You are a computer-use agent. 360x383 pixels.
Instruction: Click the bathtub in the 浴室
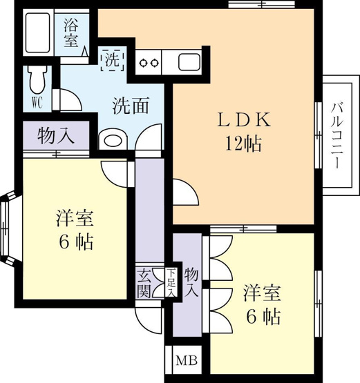[38, 32]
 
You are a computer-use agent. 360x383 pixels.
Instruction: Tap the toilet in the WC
[37, 80]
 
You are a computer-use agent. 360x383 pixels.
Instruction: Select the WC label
[37, 103]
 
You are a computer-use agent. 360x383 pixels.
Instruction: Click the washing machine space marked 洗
[113, 60]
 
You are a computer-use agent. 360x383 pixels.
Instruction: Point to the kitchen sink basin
[189, 62]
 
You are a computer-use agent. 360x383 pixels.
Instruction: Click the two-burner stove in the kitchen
[149, 63]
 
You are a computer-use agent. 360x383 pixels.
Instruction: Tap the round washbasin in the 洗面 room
[113, 141]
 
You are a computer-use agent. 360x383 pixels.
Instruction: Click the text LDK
[244, 119]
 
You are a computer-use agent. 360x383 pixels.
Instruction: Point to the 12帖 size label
[243, 143]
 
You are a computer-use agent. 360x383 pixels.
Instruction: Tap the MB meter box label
[187, 360]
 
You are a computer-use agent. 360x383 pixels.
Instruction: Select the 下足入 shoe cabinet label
[171, 282]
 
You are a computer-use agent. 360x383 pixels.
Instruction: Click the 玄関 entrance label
[144, 284]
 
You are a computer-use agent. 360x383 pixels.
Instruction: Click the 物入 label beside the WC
[56, 135]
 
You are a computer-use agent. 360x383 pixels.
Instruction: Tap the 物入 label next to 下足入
[191, 282]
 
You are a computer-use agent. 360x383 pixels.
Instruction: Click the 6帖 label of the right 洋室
[263, 316]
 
